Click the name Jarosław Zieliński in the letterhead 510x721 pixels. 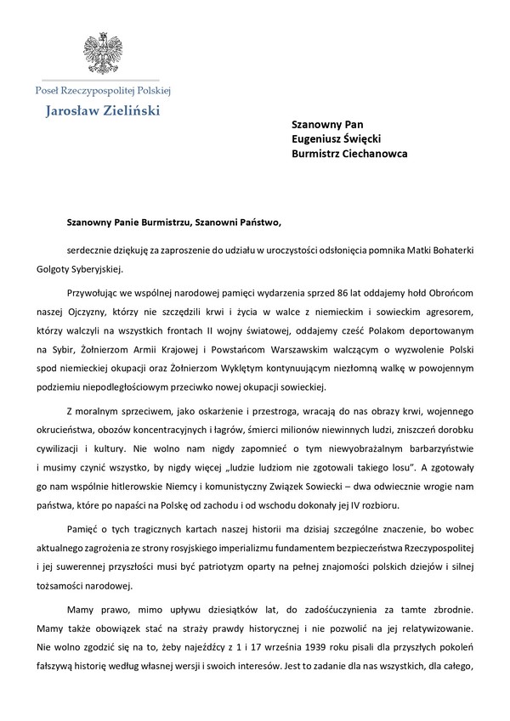(x=102, y=110)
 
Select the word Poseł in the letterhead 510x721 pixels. (x=48, y=90)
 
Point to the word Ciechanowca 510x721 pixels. (x=374, y=154)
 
